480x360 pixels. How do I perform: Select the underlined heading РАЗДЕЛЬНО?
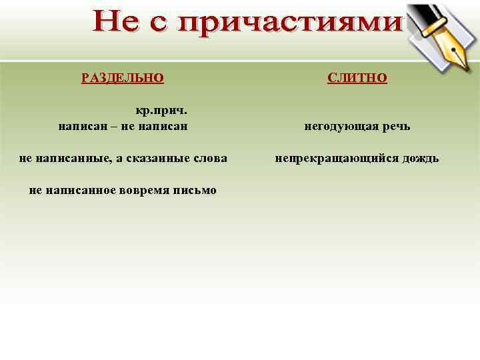pos(123,77)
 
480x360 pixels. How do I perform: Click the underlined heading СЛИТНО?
pos(357,77)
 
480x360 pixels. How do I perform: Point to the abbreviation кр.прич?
pos(156,111)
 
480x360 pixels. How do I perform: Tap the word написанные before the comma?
pos(69,158)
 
